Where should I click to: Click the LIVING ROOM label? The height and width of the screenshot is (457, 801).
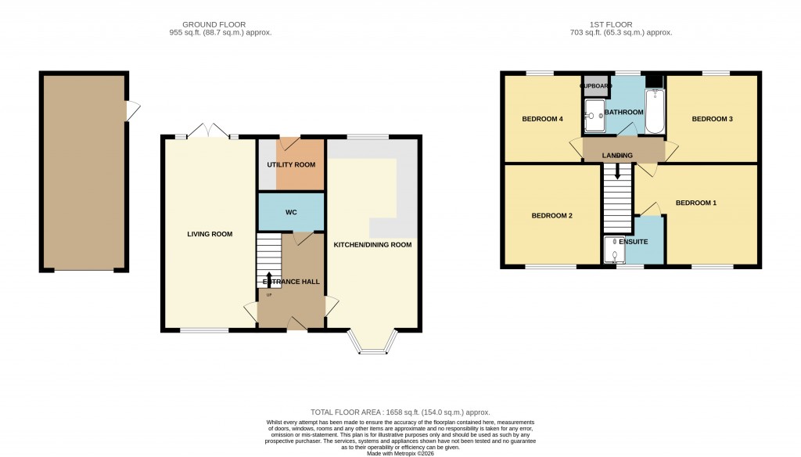pyautogui.click(x=209, y=234)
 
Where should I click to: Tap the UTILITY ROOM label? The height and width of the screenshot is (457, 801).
pyautogui.click(x=291, y=165)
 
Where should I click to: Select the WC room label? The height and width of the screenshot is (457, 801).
pyautogui.click(x=291, y=212)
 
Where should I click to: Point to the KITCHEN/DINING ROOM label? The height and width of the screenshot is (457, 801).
pyautogui.click(x=372, y=244)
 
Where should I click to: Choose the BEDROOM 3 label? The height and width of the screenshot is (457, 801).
pyautogui.click(x=712, y=120)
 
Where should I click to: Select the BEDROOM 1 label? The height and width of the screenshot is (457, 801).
pyautogui.click(x=696, y=203)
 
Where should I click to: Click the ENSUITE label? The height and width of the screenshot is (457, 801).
pyautogui.click(x=632, y=242)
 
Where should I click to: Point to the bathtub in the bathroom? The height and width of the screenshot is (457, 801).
pyautogui.click(x=654, y=111)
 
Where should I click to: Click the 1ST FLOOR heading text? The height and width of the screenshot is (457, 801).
pyautogui.click(x=620, y=24)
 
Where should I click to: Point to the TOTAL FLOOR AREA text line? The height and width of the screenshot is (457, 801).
pyautogui.click(x=400, y=412)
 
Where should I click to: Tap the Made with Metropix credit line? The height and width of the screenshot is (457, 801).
pyautogui.click(x=400, y=452)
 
